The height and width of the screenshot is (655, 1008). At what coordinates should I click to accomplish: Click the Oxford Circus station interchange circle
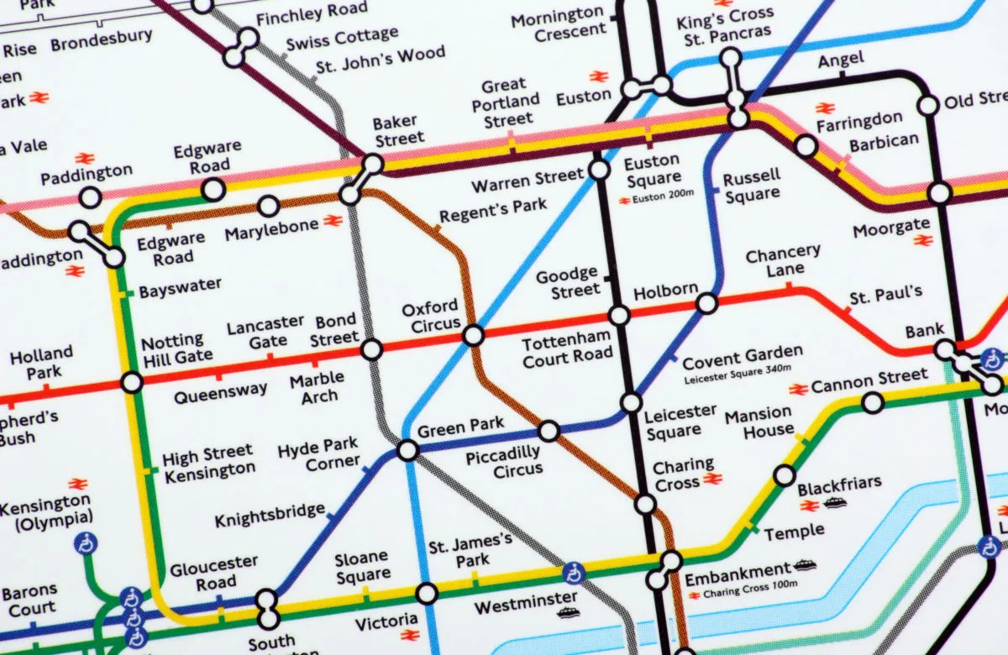click(x=474, y=336)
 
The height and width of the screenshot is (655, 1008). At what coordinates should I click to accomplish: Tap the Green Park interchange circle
click(x=407, y=450)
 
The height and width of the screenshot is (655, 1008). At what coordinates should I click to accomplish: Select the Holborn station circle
click(x=706, y=303)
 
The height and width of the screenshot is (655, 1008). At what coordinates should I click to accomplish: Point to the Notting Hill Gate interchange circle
click(x=131, y=383)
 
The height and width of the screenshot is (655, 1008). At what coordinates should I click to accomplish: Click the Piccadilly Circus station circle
click(x=549, y=432)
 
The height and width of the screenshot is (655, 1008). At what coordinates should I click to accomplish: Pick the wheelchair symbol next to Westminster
click(x=574, y=574)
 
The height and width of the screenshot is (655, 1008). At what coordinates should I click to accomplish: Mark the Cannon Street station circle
click(x=873, y=404)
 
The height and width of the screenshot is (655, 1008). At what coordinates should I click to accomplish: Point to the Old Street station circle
click(x=928, y=105)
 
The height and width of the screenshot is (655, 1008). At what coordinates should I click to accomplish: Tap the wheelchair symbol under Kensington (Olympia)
click(x=86, y=543)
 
